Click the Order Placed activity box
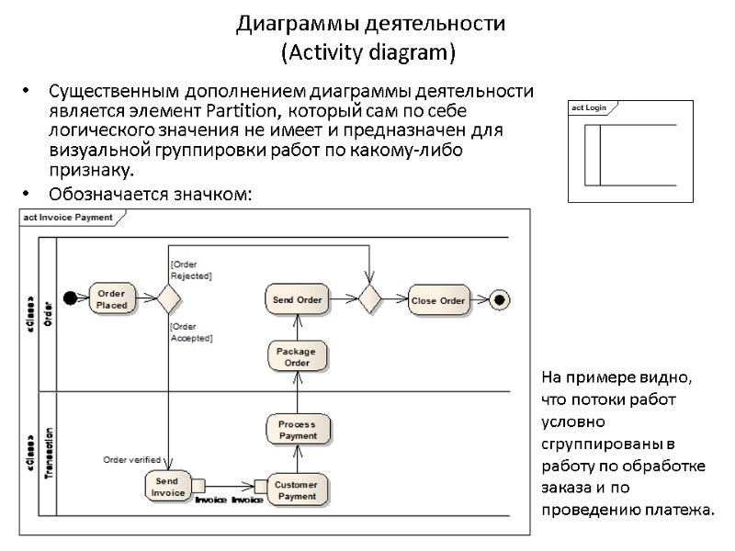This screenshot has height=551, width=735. tap(112, 299)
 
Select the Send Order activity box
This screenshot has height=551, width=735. tap(298, 299)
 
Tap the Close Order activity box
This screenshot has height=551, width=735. tap(438, 300)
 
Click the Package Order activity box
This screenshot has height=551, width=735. tap(297, 356)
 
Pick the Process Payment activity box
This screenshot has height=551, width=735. tap(297, 430)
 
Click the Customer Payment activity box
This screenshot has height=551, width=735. tap(297, 490)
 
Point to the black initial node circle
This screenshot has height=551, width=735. tap(70, 298)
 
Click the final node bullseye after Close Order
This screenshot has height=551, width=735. tap(499, 299)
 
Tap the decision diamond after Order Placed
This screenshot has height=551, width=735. tap(168, 299)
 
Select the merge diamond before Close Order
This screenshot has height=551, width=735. tap(370, 299)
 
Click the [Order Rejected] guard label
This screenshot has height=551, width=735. tap(191, 270)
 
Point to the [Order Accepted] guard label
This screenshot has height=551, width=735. tap(191, 332)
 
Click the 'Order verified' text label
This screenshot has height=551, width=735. tap(131, 459)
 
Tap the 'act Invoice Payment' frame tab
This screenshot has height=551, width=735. tap(70, 218)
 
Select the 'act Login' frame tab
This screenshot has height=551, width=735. tap(589, 108)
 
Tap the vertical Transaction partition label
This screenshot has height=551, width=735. tap(49, 453)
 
